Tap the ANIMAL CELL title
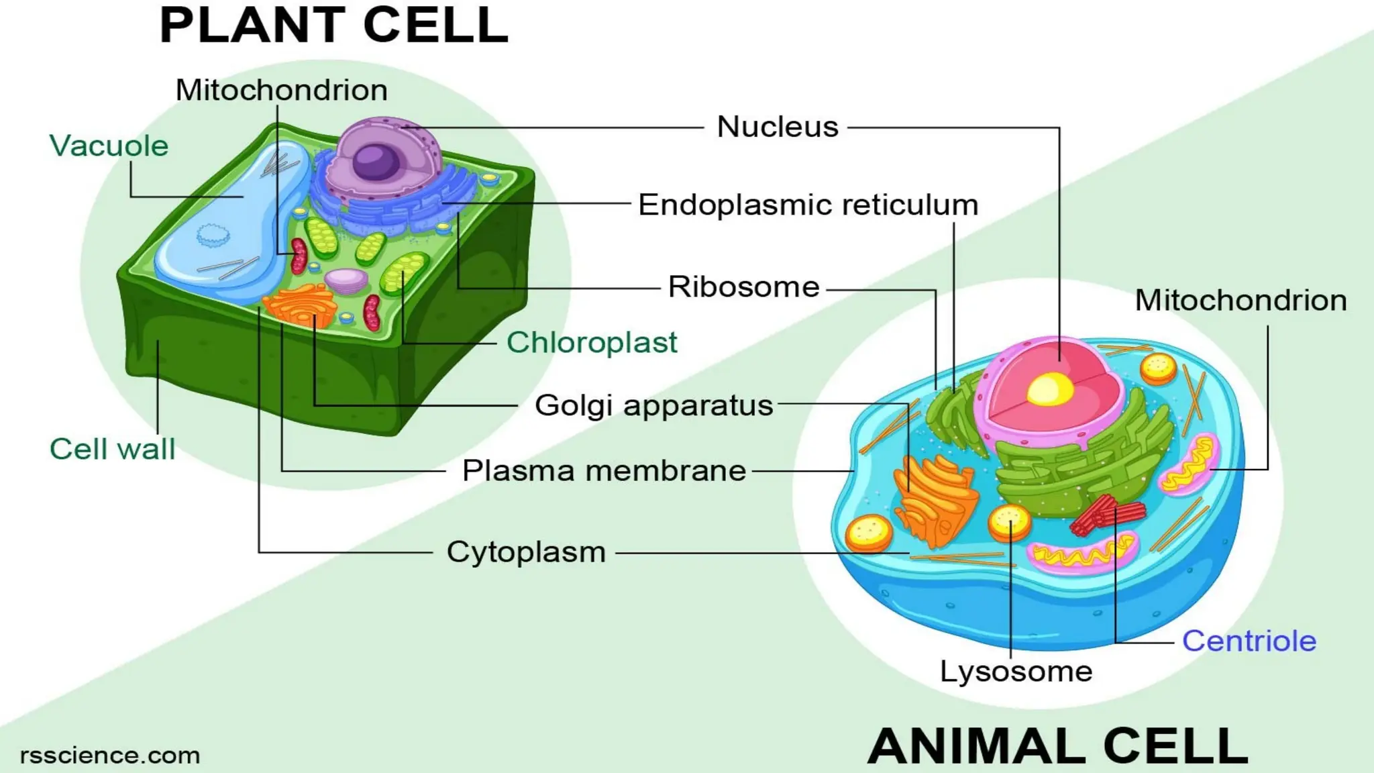click(x=1058, y=746)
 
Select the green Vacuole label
click(x=109, y=146)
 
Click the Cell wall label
click(x=112, y=449)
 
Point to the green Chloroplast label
click(x=592, y=342)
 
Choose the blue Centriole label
click(x=1249, y=641)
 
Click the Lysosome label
click(x=1016, y=671)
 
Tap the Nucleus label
click(x=778, y=127)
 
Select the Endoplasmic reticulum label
click(x=808, y=205)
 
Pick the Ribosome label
click(x=743, y=287)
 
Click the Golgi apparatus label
click(x=653, y=405)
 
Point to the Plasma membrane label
click(x=604, y=470)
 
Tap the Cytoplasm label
click(x=526, y=552)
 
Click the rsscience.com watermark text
click(x=110, y=756)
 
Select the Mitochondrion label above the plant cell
click(x=282, y=90)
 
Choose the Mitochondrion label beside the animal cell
click(x=1240, y=300)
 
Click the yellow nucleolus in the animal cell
click(x=1050, y=389)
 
